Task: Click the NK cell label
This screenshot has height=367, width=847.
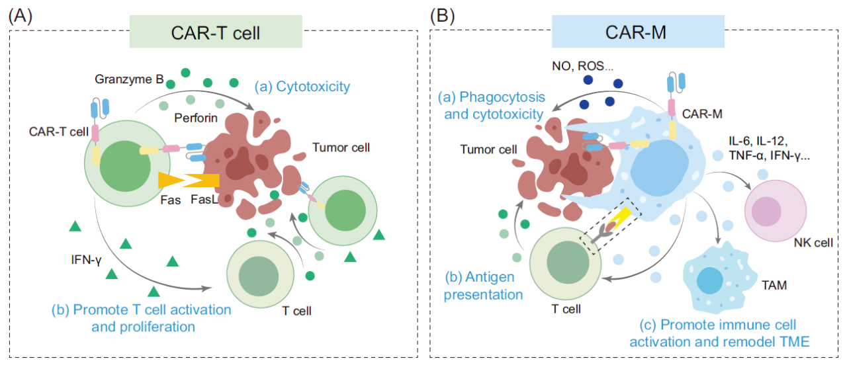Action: pyautogui.click(x=811, y=243)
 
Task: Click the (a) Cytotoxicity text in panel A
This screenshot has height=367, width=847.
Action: pyautogui.click(x=302, y=87)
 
